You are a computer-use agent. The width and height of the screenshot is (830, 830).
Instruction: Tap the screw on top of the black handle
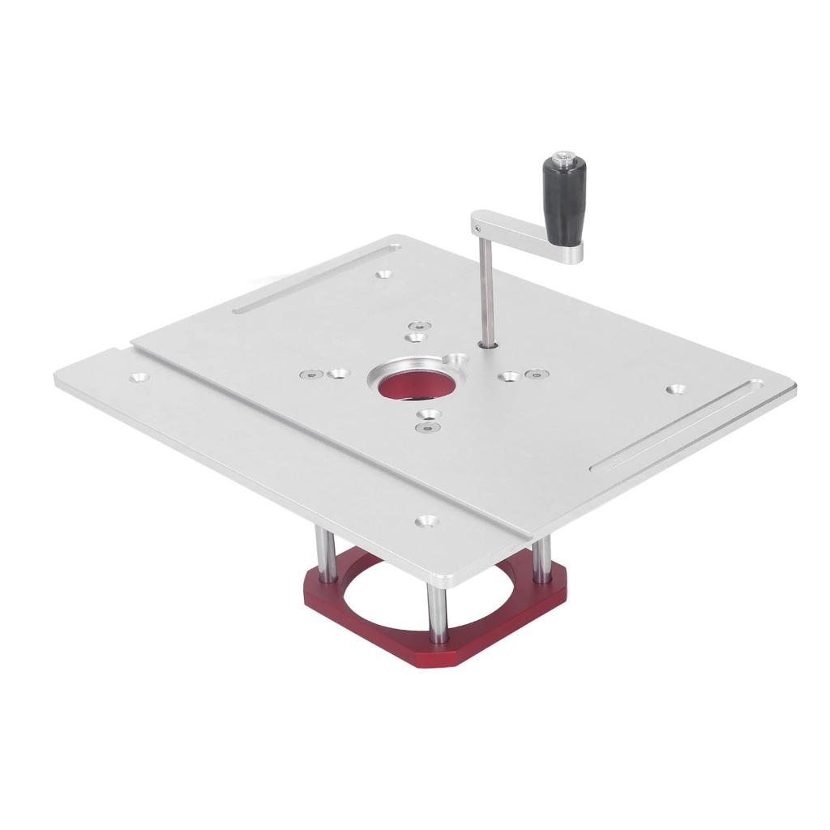pos(560,156)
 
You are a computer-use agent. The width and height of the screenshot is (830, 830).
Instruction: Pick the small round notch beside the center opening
pos(459,358)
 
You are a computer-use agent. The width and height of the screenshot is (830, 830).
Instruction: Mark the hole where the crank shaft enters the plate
pos(490,344)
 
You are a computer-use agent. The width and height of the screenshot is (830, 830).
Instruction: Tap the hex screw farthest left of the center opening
pos(306,375)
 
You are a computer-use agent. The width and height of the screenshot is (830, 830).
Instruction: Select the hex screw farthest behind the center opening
pos(419,325)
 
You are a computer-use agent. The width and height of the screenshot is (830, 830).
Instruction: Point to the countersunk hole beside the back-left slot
pos(383,274)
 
